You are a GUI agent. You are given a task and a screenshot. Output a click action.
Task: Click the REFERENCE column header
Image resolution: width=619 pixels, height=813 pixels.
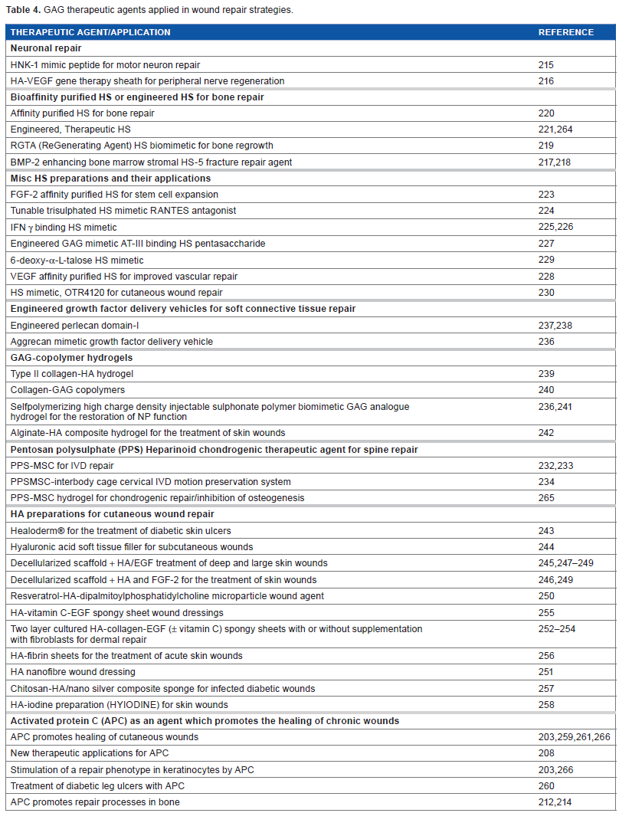coord(565,32)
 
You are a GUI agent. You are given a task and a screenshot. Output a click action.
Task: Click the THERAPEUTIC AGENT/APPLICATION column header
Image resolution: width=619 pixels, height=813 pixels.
coord(90,32)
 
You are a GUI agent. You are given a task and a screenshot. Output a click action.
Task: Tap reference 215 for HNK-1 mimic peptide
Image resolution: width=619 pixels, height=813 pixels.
coord(545,65)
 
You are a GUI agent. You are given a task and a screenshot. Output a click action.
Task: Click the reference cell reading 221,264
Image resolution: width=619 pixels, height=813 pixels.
coord(555,129)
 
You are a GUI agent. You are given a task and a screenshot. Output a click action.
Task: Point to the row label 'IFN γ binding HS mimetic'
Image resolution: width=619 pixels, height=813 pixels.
coord(64,227)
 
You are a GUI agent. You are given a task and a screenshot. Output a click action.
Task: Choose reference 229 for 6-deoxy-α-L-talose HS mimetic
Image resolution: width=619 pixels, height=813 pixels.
coord(545,260)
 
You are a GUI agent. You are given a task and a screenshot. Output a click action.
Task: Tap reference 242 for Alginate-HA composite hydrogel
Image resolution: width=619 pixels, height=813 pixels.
coord(545,433)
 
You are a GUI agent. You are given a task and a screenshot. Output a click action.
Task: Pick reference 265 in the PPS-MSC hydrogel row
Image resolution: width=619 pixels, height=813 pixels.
coord(545,497)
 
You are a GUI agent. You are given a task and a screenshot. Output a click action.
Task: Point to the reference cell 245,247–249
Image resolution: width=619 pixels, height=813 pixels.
coord(565,563)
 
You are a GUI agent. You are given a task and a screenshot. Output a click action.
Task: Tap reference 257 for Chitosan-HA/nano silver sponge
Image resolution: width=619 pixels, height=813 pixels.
coord(545,688)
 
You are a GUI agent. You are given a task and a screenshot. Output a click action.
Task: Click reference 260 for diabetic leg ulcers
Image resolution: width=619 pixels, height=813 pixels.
coord(545,785)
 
